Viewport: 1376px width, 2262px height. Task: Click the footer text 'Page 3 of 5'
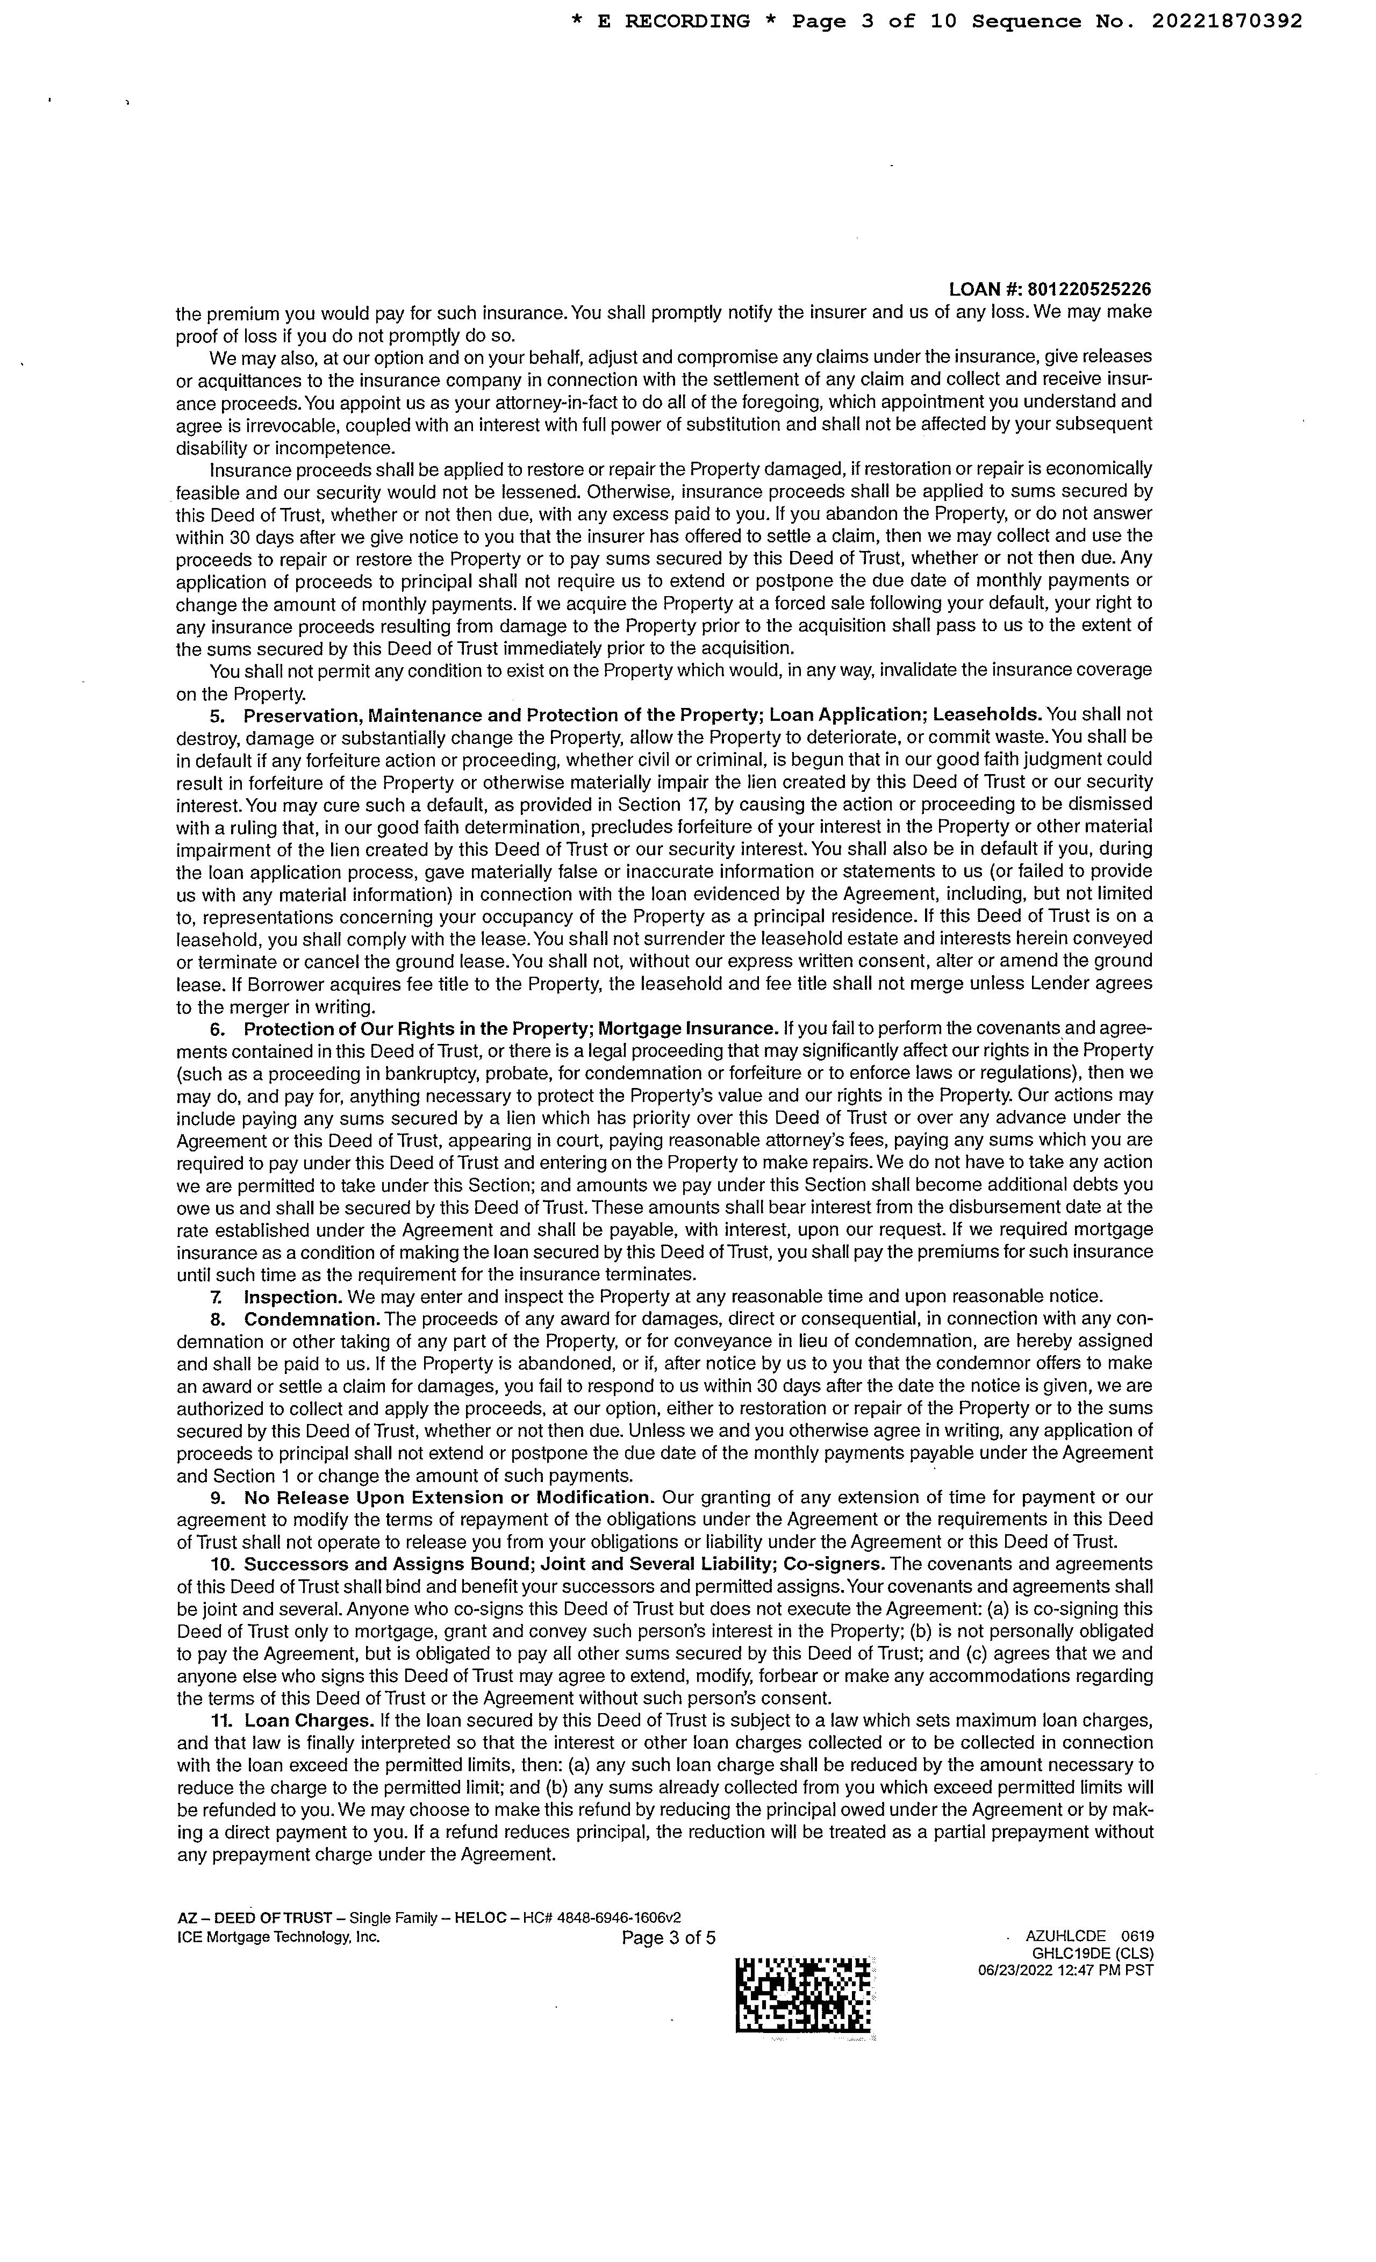pos(668,1938)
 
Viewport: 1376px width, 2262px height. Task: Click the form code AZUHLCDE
pos(1066,1936)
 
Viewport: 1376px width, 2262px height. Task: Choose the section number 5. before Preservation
pos(218,714)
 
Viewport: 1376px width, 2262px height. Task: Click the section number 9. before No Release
pos(218,1497)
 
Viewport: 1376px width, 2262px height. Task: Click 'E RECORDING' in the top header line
pos(673,21)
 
